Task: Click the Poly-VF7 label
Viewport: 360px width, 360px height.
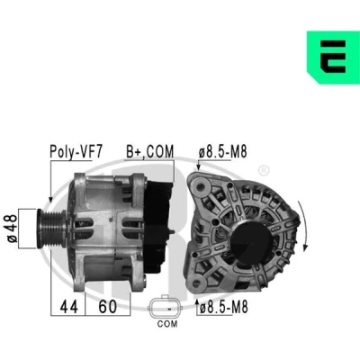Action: (x=76, y=152)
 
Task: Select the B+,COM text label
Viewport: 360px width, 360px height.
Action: (x=149, y=151)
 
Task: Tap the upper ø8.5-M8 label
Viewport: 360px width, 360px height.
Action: (x=222, y=152)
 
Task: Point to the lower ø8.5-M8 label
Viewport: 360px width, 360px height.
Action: (x=224, y=307)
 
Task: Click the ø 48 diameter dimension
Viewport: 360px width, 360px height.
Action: (x=12, y=229)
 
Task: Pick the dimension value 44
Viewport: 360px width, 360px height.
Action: (x=68, y=307)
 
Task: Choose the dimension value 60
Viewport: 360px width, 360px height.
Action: (x=107, y=307)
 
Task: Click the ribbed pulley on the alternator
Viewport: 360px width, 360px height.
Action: (x=51, y=229)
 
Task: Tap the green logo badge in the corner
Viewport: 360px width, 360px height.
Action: (x=333, y=58)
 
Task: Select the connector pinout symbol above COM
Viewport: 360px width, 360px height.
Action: (x=165, y=308)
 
